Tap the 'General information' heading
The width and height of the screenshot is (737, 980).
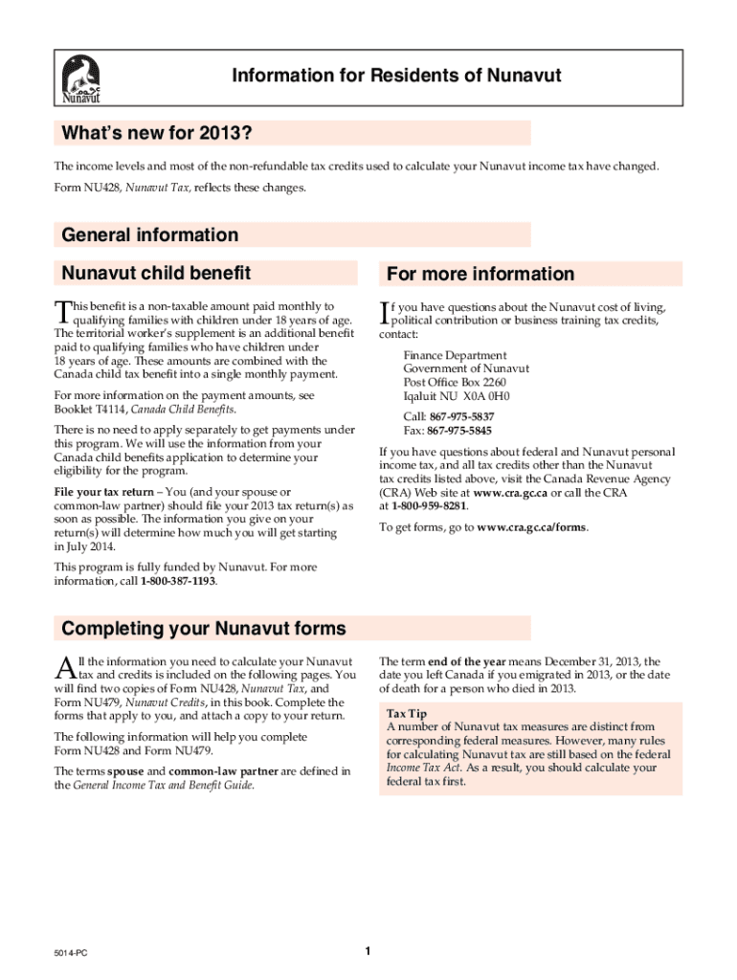(150, 234)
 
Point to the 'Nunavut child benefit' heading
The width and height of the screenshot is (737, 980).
(156, 273)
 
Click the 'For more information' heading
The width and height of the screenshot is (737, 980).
(480, 274)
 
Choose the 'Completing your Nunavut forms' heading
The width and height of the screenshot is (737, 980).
(203, 629)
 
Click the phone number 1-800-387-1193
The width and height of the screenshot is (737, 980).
(179, 581)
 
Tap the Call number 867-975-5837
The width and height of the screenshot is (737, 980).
(461, 416)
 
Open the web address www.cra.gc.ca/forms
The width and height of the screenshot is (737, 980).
(532, 527)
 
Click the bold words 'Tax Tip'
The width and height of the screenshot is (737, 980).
(407, 714)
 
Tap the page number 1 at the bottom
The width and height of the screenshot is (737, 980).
(368, 950)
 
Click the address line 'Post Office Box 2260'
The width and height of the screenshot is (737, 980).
(455, 382)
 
